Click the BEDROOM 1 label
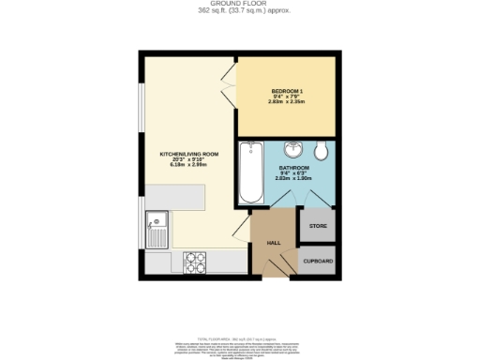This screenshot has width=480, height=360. click(285, 90)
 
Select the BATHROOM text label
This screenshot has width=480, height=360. click(293, 168)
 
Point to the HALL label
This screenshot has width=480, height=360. click(275, 243)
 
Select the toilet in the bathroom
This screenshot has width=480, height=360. click(321, 151)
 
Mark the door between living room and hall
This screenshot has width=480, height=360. click(241, 230)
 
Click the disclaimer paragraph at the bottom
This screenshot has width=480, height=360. click(239, 346)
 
